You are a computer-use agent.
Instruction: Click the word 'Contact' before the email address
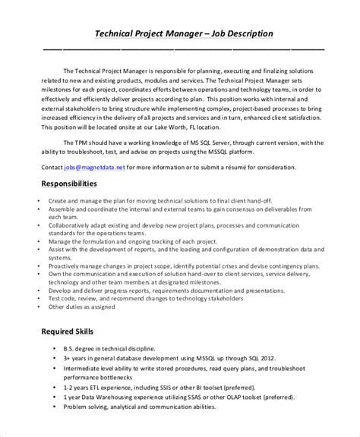pos(52,166)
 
